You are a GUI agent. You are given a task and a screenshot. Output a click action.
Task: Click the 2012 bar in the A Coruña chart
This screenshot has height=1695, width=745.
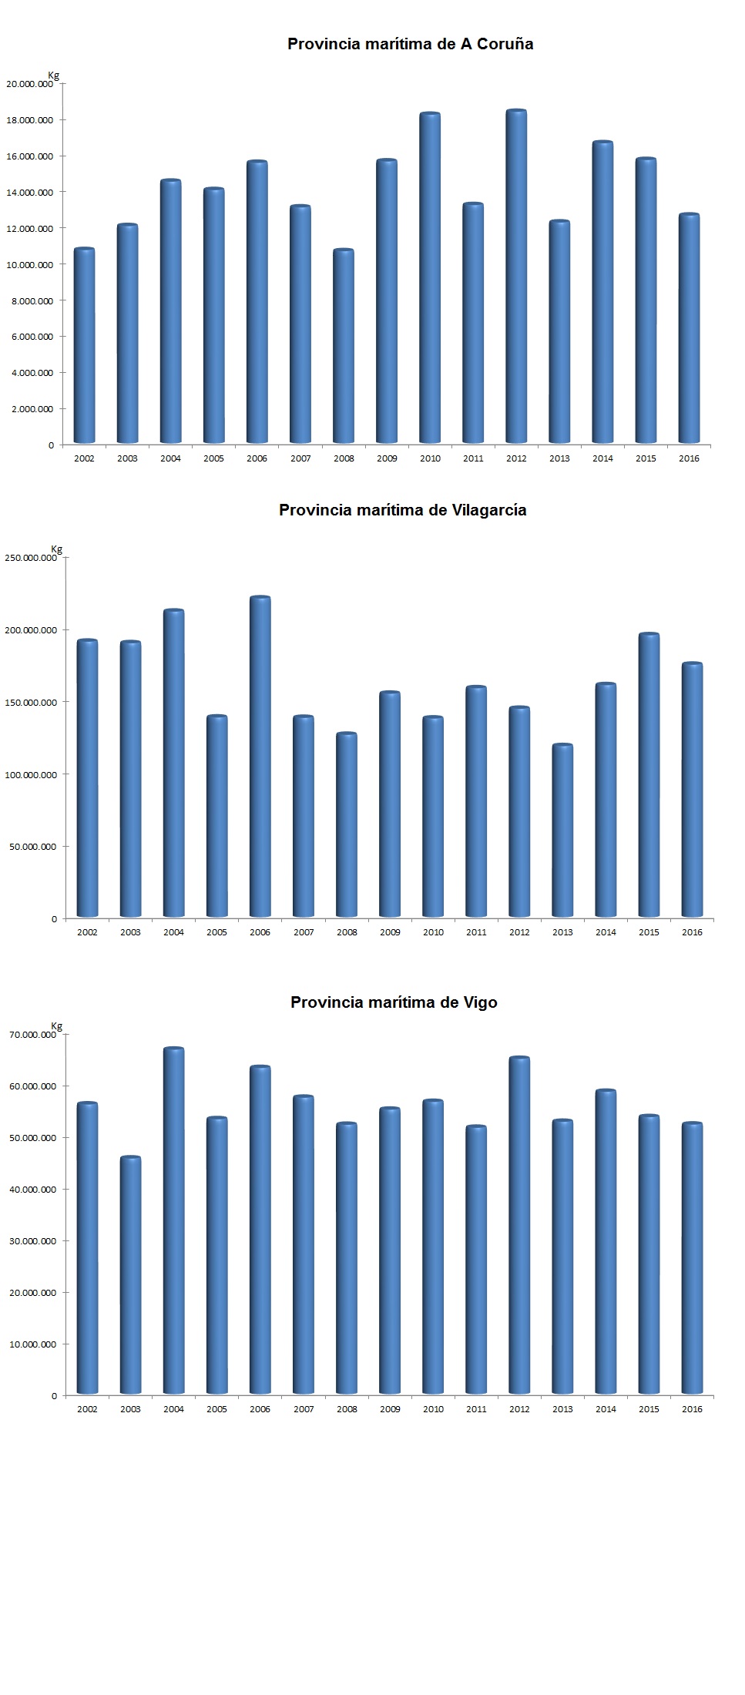point(516,277)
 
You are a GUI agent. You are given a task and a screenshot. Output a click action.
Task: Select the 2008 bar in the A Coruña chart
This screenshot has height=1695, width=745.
point(344,347)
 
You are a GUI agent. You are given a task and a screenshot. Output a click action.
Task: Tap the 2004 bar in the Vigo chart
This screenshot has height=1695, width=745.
point(174,1221)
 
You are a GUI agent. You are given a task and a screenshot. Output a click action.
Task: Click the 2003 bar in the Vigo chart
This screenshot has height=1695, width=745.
point(131,1275)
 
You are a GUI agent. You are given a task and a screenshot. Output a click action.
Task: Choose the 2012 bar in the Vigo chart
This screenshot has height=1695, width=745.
point(519,1226)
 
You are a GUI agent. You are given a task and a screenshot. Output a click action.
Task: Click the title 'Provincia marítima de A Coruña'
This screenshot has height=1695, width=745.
point(410,44)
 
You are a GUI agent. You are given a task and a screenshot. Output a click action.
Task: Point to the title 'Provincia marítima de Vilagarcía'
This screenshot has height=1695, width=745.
point(402,510)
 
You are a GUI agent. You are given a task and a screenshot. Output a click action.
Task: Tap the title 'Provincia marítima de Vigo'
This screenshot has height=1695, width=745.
point(394,1002)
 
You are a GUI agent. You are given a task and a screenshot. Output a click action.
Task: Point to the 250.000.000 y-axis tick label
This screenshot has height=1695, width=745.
point(31,558)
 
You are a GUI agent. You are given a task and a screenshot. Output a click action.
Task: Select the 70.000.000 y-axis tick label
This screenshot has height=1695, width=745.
point(32,1035)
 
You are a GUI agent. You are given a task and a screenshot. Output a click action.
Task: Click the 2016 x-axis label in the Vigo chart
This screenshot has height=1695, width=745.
point(692,1409)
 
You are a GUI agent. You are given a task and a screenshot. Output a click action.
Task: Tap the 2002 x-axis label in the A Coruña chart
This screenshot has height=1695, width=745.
point(84,458)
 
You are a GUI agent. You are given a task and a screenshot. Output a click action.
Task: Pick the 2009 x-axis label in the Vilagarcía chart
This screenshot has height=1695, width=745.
point(390,932)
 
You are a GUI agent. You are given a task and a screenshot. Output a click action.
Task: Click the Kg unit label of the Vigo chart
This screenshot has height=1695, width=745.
point(56,1026)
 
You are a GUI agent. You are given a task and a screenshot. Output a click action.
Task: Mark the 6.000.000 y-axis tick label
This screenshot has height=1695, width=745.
point(32,337)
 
